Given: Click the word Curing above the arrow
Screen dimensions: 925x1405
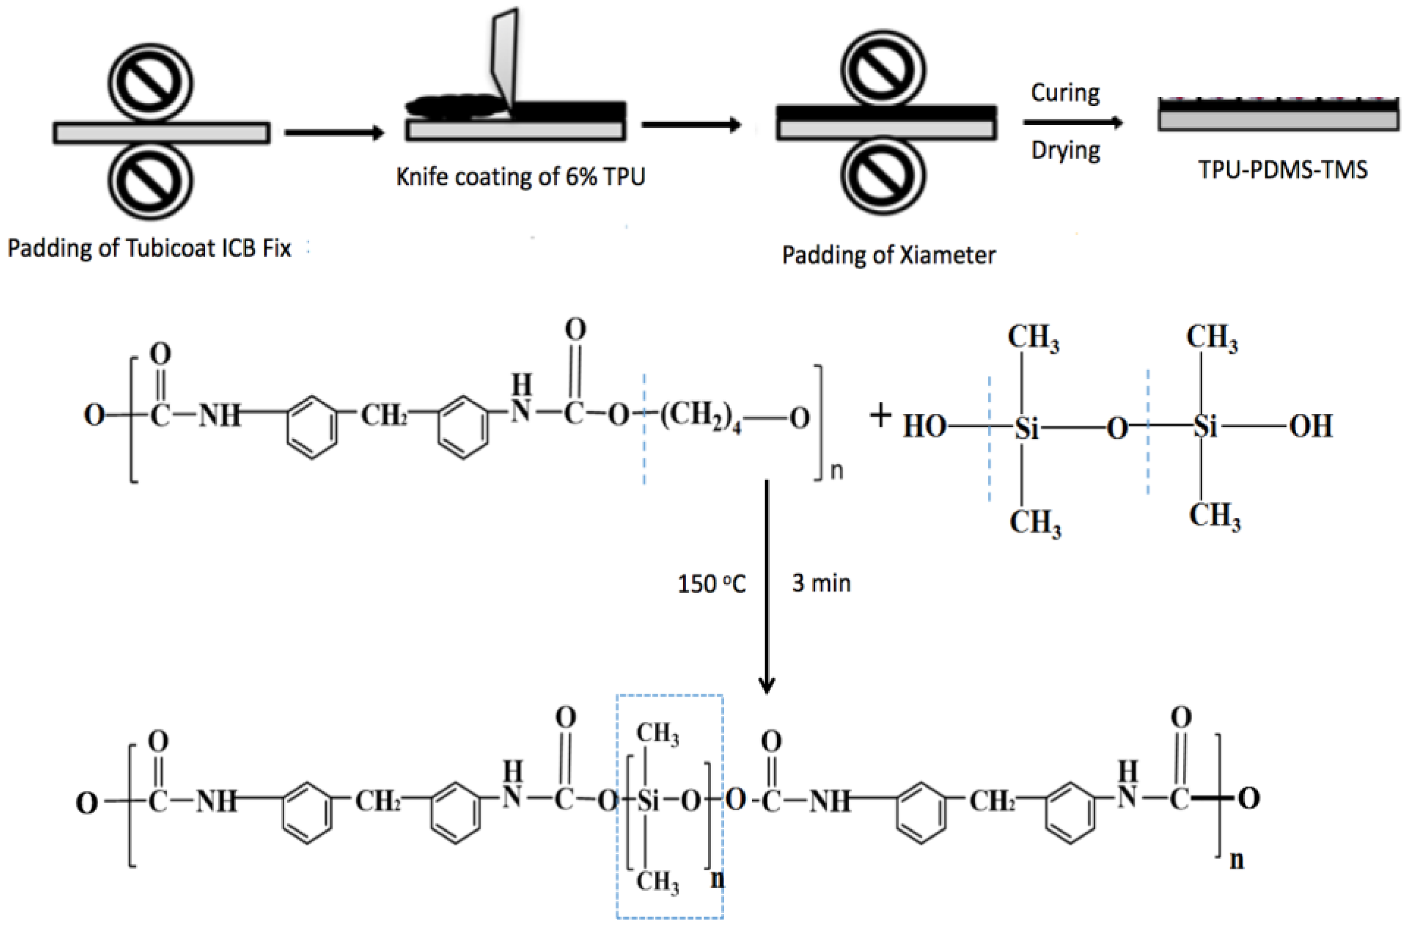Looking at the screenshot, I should pos(1065,93).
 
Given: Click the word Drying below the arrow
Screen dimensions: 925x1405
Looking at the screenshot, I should pos(1066,150).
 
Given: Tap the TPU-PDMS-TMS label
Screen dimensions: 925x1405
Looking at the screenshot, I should pos(1282,170).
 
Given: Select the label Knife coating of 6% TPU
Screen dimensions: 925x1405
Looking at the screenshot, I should pos(521,176).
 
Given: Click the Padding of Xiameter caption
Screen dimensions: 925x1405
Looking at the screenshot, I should pos(888,255).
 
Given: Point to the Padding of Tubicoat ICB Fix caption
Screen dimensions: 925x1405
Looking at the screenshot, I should pos(149,248).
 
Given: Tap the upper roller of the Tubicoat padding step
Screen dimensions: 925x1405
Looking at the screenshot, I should pos(150,83).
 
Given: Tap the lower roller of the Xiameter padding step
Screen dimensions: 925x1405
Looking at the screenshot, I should pos(882,175).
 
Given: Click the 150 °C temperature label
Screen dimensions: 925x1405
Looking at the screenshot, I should pos(712,584).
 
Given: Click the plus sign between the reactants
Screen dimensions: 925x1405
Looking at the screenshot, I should pos(880,416).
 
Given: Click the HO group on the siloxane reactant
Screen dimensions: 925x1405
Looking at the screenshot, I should pos(924,427).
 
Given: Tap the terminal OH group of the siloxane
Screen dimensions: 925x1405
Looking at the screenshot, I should pos(1311,427).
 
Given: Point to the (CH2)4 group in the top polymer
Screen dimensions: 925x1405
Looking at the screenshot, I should pos(701,416).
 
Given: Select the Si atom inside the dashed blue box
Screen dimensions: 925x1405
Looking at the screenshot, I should pos(648,801).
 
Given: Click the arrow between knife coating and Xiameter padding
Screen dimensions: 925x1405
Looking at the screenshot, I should pos(691,125).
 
